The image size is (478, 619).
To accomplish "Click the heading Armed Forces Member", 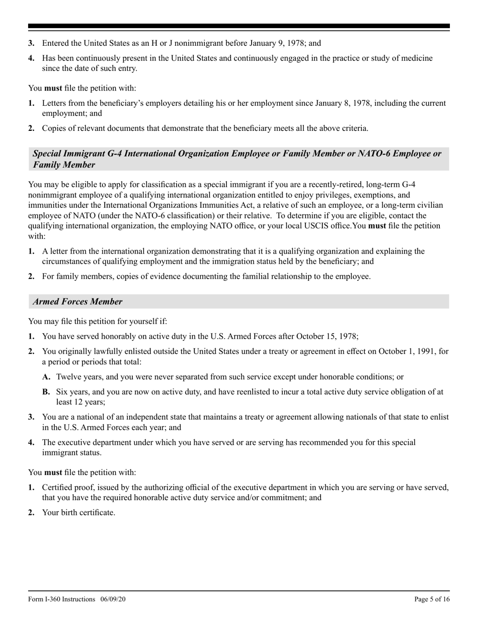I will (77, 302).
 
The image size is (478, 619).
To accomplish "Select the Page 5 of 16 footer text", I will (432, 599).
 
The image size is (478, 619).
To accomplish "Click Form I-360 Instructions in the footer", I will (61, 599).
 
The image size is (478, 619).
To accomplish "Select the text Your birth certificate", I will (78, 512).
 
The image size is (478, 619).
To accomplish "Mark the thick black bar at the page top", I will (239, 26).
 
